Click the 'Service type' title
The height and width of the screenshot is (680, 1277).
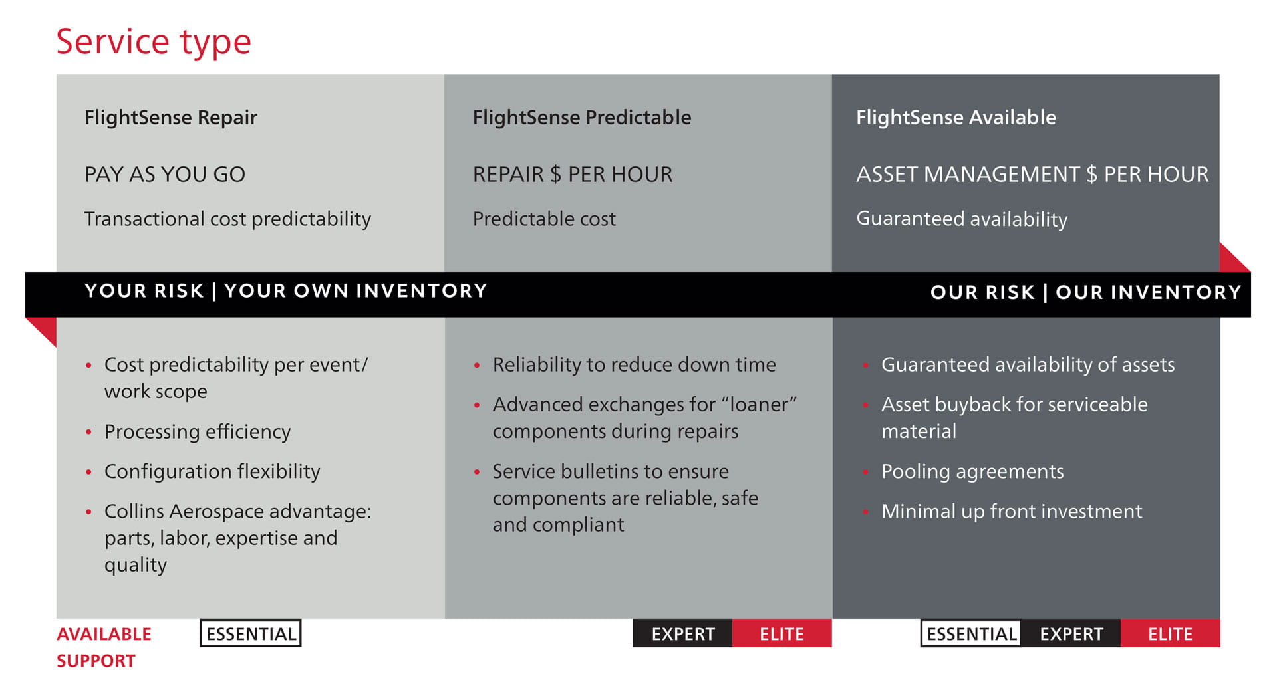click(154, 41)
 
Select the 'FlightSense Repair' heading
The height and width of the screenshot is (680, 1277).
click(170, 118)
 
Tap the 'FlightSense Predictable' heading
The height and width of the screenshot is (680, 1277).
click(581, 118)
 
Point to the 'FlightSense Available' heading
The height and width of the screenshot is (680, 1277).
click(955, 118)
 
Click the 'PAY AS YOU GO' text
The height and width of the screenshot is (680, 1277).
click(164, 174)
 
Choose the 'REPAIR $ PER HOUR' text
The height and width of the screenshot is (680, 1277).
click(572, 174)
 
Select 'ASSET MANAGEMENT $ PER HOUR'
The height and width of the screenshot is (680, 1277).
click(1032, 174)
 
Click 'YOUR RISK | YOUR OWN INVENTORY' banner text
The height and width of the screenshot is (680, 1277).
click(285, 291)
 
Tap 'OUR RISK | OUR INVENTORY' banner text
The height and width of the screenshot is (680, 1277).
click(1085, 292)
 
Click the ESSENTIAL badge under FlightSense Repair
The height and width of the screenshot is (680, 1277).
click(251, 633)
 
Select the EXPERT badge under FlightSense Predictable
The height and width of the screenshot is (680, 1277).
click(682, 633)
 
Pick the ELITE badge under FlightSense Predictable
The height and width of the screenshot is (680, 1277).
click(781, 633)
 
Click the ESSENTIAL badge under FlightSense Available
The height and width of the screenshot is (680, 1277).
click(971, 633)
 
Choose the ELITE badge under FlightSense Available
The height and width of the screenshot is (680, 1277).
click(1170, 633)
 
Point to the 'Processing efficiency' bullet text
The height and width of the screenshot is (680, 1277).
click(198, 432)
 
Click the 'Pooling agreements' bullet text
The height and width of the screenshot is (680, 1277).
click(972, 471)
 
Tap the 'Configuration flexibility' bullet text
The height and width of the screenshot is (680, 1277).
click(212, 471)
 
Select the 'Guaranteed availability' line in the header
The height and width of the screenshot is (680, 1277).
click(961, 219)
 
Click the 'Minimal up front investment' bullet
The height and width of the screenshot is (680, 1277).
click(1011, 511)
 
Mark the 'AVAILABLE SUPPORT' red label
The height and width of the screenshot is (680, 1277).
click(104, 647)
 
